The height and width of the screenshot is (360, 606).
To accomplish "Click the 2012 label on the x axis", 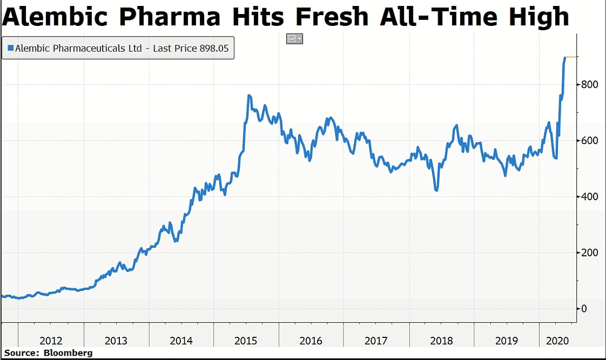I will tap(51, 341).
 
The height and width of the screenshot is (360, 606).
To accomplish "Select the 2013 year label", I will tap(116, 341).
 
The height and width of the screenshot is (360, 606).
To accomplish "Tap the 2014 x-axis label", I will tap(181, 341).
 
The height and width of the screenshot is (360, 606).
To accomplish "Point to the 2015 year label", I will tap(246, 341).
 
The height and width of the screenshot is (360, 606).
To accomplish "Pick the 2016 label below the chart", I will tap(311, 341).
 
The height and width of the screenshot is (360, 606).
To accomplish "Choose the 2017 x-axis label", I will tap(376, 341).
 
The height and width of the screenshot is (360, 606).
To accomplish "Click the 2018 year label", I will tap(441, 341).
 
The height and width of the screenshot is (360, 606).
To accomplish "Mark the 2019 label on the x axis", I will tap(506, 341).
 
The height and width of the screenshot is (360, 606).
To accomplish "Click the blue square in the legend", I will tap(10, 48).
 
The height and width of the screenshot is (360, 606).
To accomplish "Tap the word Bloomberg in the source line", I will tap(69, 353).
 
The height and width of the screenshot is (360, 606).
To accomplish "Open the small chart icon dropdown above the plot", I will tap(295, 39).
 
